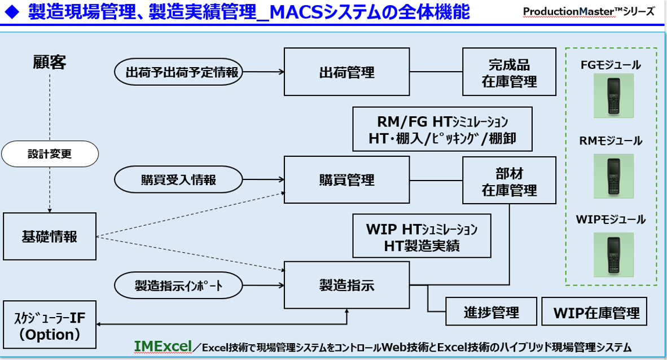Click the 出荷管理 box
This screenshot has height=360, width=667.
click(x=346, y=72)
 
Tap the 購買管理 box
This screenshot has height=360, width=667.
click(x=346, y=179)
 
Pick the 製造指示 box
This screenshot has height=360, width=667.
click(x=346, y=285)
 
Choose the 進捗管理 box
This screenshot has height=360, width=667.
click(x=491, y=311)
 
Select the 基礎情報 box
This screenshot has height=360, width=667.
click(x=50, y=236)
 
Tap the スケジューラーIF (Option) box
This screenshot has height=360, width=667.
click(x=50, y=325)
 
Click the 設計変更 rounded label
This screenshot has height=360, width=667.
click(x=50, y=153)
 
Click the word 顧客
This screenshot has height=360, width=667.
click(x=50, y=62)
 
